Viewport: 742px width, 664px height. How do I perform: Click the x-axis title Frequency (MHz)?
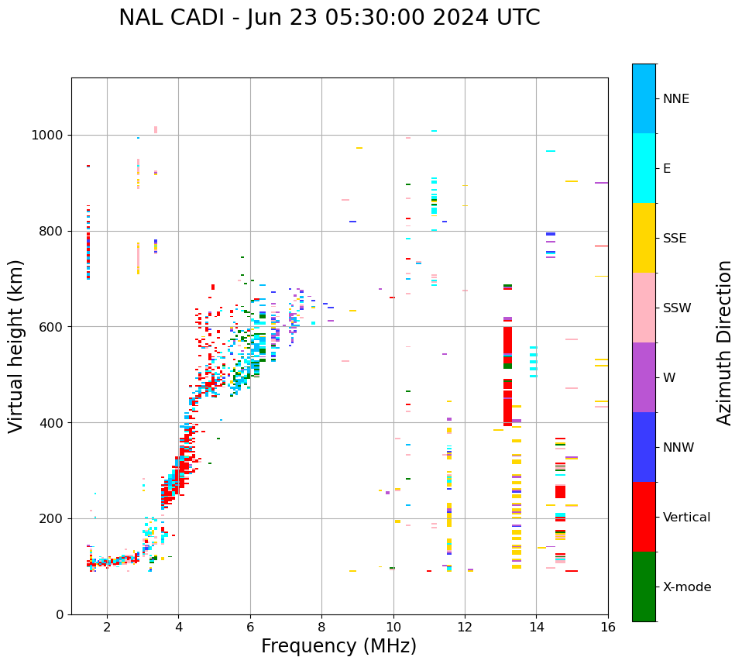(x=338, y=646)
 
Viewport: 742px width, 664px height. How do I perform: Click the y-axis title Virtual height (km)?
(x=16, y=346)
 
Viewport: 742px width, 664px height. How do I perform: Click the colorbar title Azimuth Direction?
(x=724, y=342)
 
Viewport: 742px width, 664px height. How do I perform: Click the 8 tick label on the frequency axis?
(x=321, y=626)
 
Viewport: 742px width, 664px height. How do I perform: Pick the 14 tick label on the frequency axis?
(x=536, y=626)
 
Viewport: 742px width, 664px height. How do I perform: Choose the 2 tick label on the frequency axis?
(x=107, y=626)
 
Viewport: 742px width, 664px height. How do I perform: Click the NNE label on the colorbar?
(x=675, y=99)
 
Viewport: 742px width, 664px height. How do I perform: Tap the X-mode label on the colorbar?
(x=686, y=587)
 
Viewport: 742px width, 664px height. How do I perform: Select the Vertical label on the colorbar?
(x=686, y=518)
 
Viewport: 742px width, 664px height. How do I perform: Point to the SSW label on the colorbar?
(x=677, y=308)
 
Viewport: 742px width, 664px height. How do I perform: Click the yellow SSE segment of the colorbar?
(x=644, y=238)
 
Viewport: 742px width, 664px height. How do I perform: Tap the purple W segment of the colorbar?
(x=644, y=377)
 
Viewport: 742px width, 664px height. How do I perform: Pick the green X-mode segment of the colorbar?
(x=644, y=587)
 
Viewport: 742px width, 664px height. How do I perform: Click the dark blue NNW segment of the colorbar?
(x=644, y=447)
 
